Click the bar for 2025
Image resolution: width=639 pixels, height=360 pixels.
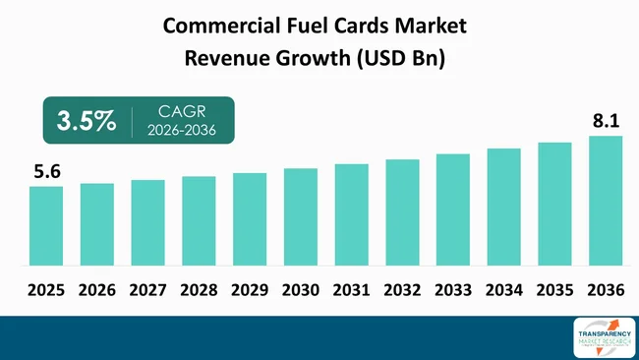[46, 225]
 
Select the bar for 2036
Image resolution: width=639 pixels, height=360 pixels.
[606, 201]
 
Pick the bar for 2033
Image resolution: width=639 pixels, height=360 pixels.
[453, 210]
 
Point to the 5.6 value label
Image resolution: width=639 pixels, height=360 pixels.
[47, 172]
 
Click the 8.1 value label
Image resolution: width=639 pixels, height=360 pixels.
[606, 122]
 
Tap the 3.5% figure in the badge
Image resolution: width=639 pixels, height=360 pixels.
[85, 121]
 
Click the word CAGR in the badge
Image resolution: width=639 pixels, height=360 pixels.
[181, 111]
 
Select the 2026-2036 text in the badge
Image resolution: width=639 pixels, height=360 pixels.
[181, 131]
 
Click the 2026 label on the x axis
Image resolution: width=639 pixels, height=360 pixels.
[97, 290]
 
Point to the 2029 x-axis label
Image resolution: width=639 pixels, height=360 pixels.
[250, 290]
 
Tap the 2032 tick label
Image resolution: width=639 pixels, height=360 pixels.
[402, 290]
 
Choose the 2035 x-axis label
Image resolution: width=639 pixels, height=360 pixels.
[554, 290]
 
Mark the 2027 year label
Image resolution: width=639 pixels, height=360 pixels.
[147, 290]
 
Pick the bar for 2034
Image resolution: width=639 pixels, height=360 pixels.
[503, 207]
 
